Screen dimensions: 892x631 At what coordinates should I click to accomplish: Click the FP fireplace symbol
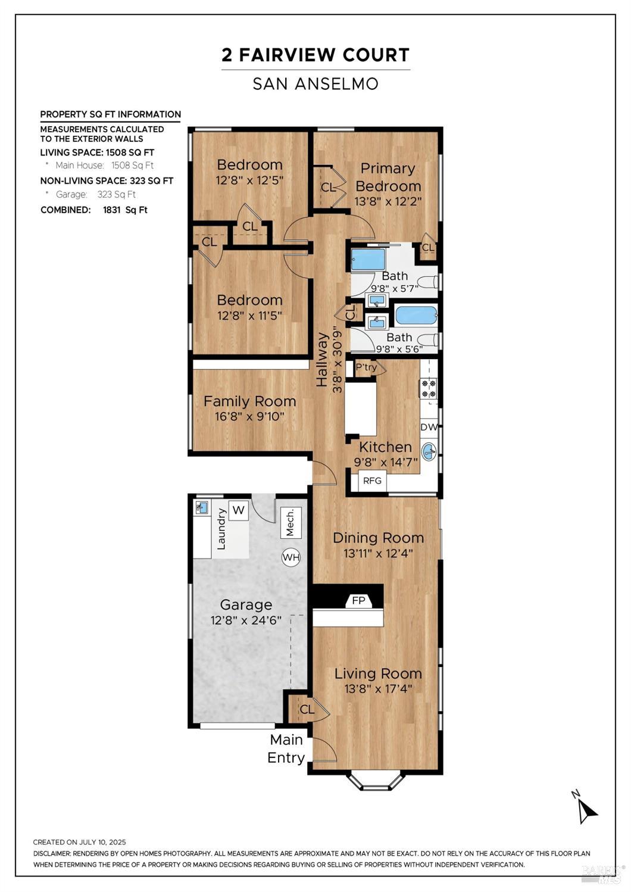(358, 600)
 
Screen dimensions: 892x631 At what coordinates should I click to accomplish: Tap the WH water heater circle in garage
(290, 557)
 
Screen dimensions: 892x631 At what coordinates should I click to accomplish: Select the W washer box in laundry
(239, 510)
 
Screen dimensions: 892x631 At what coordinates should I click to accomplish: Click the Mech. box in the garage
(290, 523)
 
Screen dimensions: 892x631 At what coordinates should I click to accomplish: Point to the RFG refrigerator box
(372, 481)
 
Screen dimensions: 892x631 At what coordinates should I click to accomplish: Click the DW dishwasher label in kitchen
(429, 427)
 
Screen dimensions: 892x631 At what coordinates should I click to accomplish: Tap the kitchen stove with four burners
(429, 388)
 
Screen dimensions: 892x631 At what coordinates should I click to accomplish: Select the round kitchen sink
(429, 450)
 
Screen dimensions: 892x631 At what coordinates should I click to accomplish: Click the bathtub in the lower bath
(416, 315)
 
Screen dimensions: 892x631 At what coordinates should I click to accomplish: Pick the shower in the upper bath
(368, 260)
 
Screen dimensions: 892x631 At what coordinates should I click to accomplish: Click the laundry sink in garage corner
(202, 507)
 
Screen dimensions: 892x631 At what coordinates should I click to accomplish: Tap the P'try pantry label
(366, 367)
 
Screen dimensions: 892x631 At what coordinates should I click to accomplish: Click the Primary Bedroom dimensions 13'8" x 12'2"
(388, 202)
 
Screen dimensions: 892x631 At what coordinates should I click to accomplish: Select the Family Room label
(249, 401)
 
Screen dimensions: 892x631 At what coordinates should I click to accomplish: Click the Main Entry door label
(286, 748)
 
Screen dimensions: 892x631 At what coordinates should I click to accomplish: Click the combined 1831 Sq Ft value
(125, 210)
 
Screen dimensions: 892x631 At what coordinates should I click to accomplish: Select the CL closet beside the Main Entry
(307, 709)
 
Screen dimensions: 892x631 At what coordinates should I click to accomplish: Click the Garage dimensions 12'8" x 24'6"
(246, 620)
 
